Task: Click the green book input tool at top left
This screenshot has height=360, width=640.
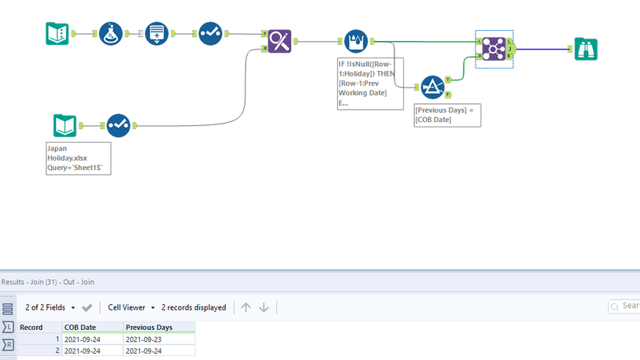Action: click(57, 34)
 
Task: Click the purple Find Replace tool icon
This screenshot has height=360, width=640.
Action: click(279, 40)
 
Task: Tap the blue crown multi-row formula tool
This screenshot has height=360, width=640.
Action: click(356, 41)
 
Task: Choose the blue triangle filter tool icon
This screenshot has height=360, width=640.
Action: click(432, 87)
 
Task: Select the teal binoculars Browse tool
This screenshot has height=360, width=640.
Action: click(586, 49)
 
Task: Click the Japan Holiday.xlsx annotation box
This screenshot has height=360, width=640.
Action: click(78, 158)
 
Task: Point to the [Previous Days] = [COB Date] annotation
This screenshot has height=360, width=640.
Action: click(446, 115)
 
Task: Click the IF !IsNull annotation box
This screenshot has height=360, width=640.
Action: click(370, 84)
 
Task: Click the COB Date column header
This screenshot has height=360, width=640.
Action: click(92, 327)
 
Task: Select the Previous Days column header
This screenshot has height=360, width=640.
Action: click(158, 327)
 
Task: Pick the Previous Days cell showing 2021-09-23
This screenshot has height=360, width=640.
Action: click(157, 339)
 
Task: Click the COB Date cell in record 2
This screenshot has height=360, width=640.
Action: click(92, 351)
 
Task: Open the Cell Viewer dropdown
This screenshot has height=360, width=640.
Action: click(131, 307)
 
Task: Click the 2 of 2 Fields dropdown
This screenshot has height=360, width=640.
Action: click(50, 307)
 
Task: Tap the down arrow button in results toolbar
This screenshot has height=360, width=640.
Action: click(264, 307)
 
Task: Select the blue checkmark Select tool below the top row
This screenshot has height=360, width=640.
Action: click(119, 124)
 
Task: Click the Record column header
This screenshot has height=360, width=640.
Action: click(39, 327)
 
